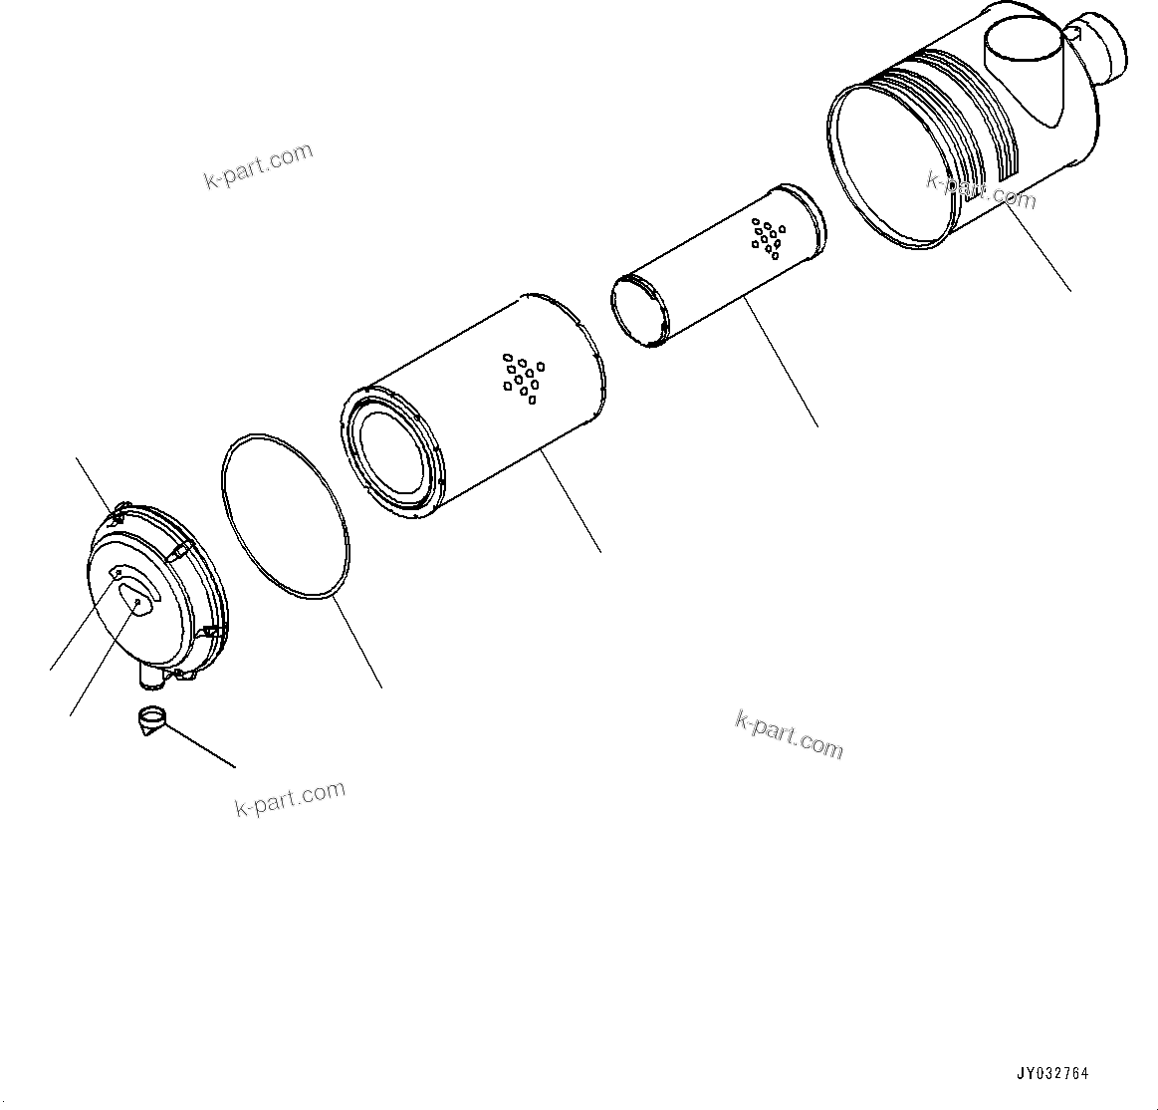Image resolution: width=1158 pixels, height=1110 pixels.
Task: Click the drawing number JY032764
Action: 1052,1074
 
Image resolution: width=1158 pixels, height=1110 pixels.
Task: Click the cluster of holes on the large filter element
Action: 523,378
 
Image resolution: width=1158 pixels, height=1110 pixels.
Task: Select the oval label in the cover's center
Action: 138,602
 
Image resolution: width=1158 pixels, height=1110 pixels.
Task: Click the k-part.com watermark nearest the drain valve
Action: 290,798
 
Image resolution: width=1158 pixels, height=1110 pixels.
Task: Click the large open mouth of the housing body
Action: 882,163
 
